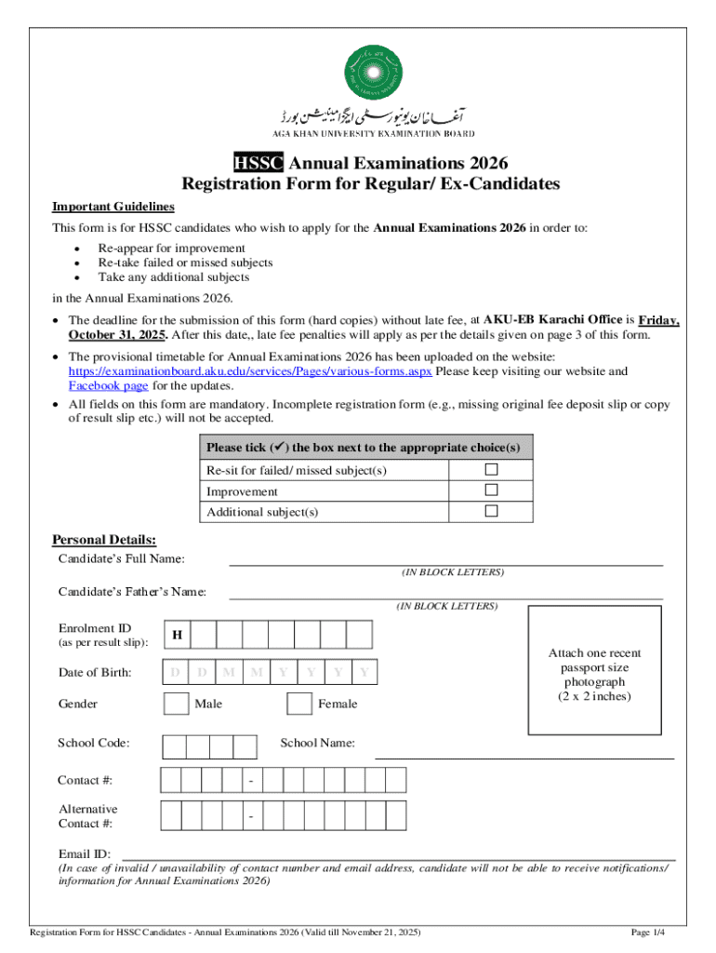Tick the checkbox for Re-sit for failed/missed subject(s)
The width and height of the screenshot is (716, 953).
click(x=491, y=470)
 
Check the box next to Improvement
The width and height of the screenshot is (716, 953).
click(x=491, y=490)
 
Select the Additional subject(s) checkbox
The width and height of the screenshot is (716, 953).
click(x=491, y=511)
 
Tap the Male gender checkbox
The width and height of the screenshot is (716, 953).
click(x=176, y=704)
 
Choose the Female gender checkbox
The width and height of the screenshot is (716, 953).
click(x=299, y=704)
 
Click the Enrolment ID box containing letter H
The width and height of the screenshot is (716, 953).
click(x=177, y=635)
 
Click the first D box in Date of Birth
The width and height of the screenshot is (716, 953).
click(x=176, y=672)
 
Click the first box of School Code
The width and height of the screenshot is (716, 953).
click(x=174, y=746)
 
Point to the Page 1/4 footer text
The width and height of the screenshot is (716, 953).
click(x=647, y=932)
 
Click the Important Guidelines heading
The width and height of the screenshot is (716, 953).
click(x=113, y=207)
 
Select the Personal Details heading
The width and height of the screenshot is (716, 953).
click(x=104, y=540)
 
